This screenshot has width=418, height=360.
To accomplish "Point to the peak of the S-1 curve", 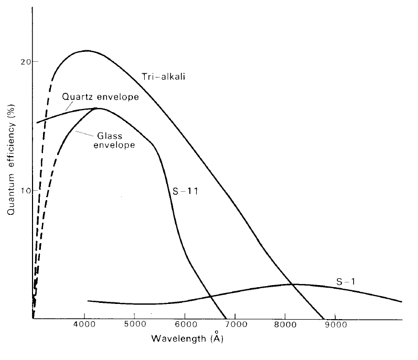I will tap(290, 284).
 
